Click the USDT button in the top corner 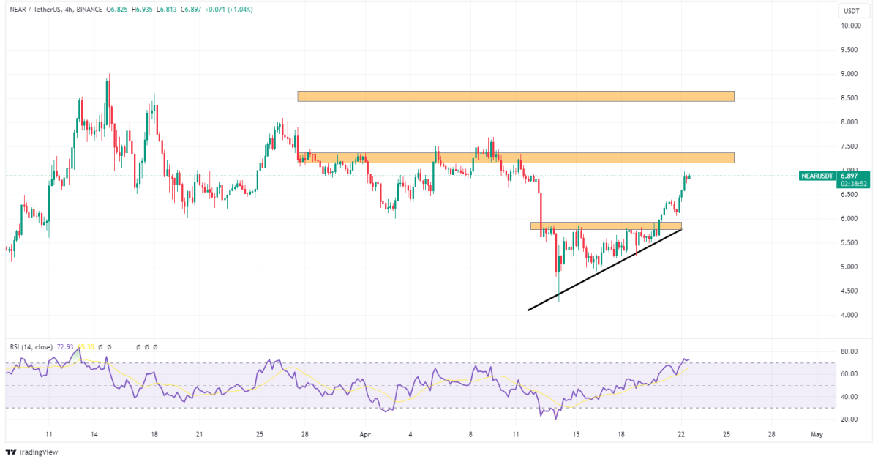[x=850, y=11]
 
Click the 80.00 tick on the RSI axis [x=849, y=351]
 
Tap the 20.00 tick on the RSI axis [x=849, y=420]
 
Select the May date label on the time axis [x=817, y=434]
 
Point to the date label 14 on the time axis [x=94, y=434]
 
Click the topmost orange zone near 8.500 [x=515, y=96]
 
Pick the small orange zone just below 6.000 [x=606, y=226]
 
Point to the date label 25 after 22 [x=727, y=434]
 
